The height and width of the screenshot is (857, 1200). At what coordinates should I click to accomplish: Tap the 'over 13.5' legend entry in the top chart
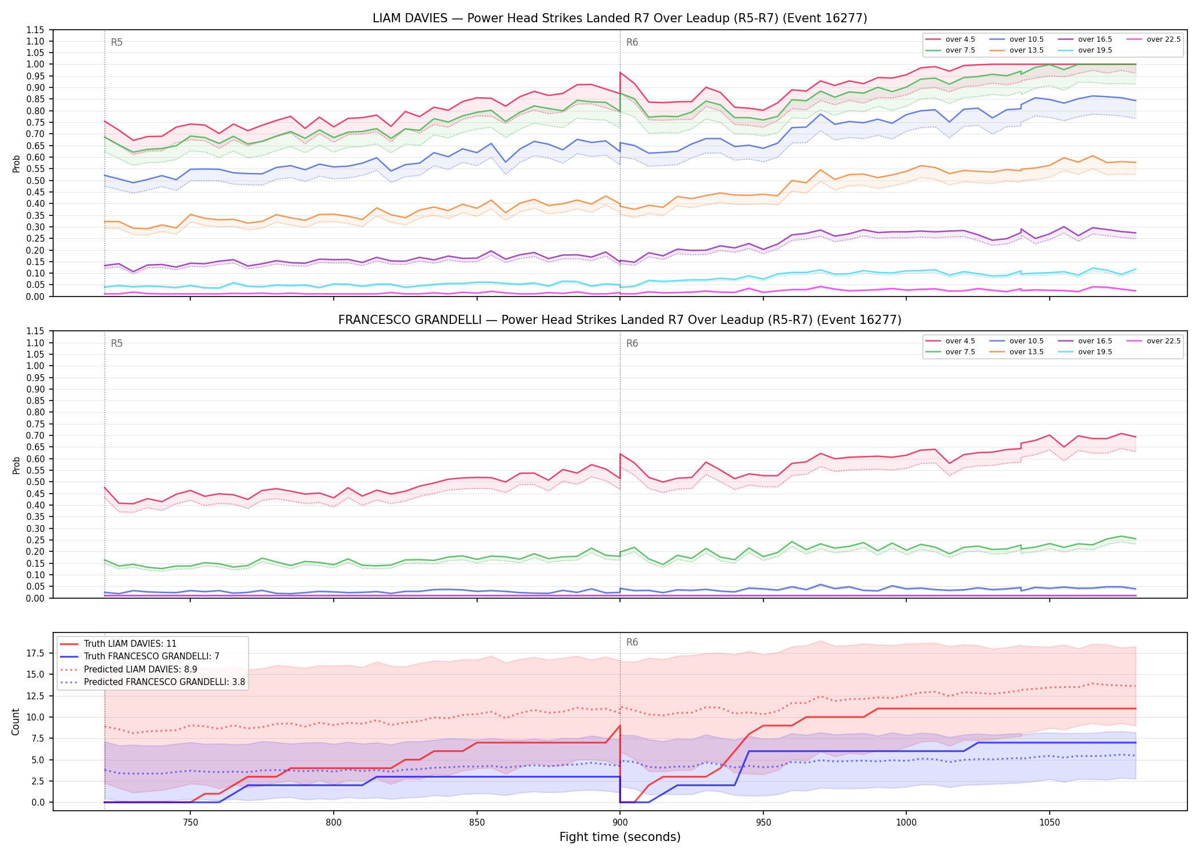pos(1017,50)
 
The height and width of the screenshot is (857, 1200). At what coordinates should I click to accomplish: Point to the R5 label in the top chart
pos(117,42)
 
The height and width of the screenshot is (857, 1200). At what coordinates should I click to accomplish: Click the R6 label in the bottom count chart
pos(632,642)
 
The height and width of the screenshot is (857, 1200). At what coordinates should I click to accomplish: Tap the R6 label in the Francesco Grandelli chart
pos(632,343)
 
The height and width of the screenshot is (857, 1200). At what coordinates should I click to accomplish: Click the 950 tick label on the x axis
pos(763,823)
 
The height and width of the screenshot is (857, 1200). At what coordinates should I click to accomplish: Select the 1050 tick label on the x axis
pos(1049,823)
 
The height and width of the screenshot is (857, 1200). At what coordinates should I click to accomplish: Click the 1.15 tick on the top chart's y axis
pos(35,30)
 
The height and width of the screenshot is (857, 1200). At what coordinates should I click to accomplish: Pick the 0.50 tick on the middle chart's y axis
pos(35,482)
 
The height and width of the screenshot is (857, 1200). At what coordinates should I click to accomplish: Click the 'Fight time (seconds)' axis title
pos(620,837)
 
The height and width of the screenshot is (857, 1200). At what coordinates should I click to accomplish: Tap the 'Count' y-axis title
pos(15,722)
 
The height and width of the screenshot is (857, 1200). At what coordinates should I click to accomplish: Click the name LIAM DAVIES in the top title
pos(410,18)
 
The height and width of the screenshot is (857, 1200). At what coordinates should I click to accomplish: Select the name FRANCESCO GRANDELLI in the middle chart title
pos(410,320)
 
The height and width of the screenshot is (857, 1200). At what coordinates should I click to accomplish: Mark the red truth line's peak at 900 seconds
pos(620,726)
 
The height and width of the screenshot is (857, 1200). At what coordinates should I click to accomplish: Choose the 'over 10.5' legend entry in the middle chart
pos(1017,341)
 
